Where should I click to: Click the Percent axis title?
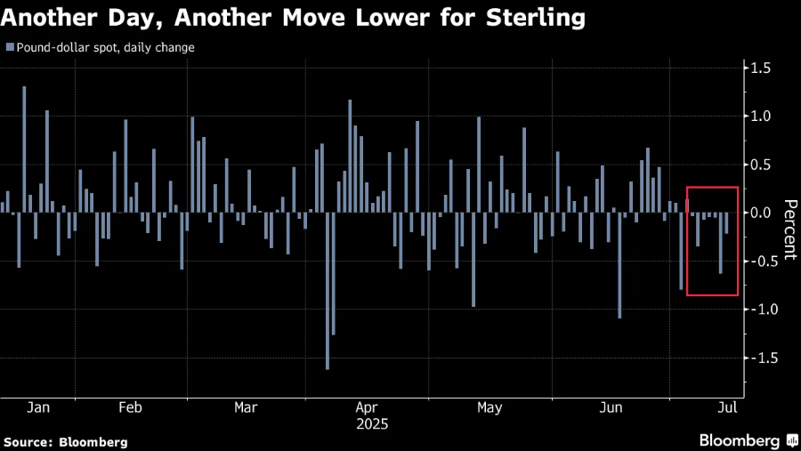click(x=789, y=230)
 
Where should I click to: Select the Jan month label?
click(x=38, y=407)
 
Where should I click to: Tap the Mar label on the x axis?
click(x=246, y=407)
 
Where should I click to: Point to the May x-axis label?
click(x=489, y=407)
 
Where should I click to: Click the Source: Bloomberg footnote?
click(x=66, y=441)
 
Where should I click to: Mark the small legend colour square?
click(x=9, y=47)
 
